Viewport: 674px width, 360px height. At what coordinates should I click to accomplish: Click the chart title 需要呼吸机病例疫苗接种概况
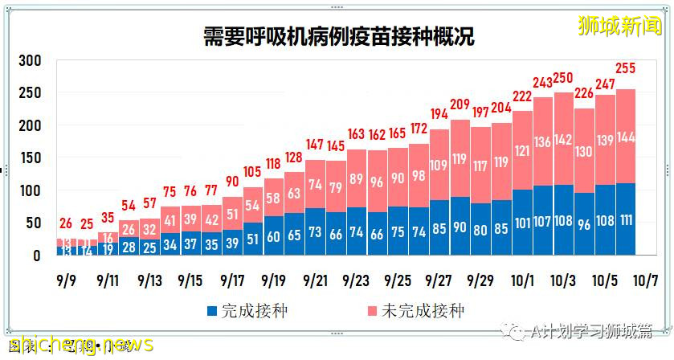(x=337, y=36)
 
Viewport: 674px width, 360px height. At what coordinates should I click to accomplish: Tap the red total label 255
(x=627, y=68)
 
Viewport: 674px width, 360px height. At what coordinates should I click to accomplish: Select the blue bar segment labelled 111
(x=627, y=219)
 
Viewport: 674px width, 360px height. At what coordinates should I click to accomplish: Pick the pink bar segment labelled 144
(x=627, y=137)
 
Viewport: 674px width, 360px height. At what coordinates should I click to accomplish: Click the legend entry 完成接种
(x=241, y=310)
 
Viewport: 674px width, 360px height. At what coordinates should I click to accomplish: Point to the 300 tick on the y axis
(x=31, y=61)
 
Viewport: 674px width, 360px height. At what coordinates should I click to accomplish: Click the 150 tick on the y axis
(x=31, y=158)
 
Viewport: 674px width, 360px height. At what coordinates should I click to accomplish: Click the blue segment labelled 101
(x=522, y=223)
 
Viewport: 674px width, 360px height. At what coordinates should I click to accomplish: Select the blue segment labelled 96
(x=585, y=225)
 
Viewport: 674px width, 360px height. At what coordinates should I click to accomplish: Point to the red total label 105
(x=252, y=171)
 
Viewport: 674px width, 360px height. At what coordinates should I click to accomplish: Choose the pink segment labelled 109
(x=439, y=166)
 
